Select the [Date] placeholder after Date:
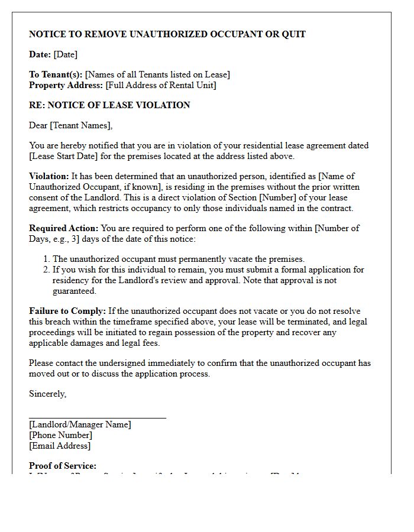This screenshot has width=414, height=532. [x=65, y=54]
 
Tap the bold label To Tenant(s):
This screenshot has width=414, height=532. [x=56, y=74]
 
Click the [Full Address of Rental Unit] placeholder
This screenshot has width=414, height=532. [x=161, y=85]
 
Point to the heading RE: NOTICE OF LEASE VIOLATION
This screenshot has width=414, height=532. [x=109, y=105]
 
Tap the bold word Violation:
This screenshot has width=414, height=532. [x=49, y=176]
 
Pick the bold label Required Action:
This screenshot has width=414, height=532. [x=64, y=228]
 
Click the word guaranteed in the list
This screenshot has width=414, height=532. [x=74, y=291]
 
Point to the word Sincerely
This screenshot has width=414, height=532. [x=47, y=394]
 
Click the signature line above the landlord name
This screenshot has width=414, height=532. [x=98, y=418]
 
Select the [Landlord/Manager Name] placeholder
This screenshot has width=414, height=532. [x=80, y=424]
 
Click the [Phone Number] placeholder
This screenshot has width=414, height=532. [x=60, y=435]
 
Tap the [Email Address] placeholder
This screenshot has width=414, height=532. [x=60, y=446]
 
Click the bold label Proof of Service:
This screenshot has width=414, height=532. [x=63, y=466]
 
